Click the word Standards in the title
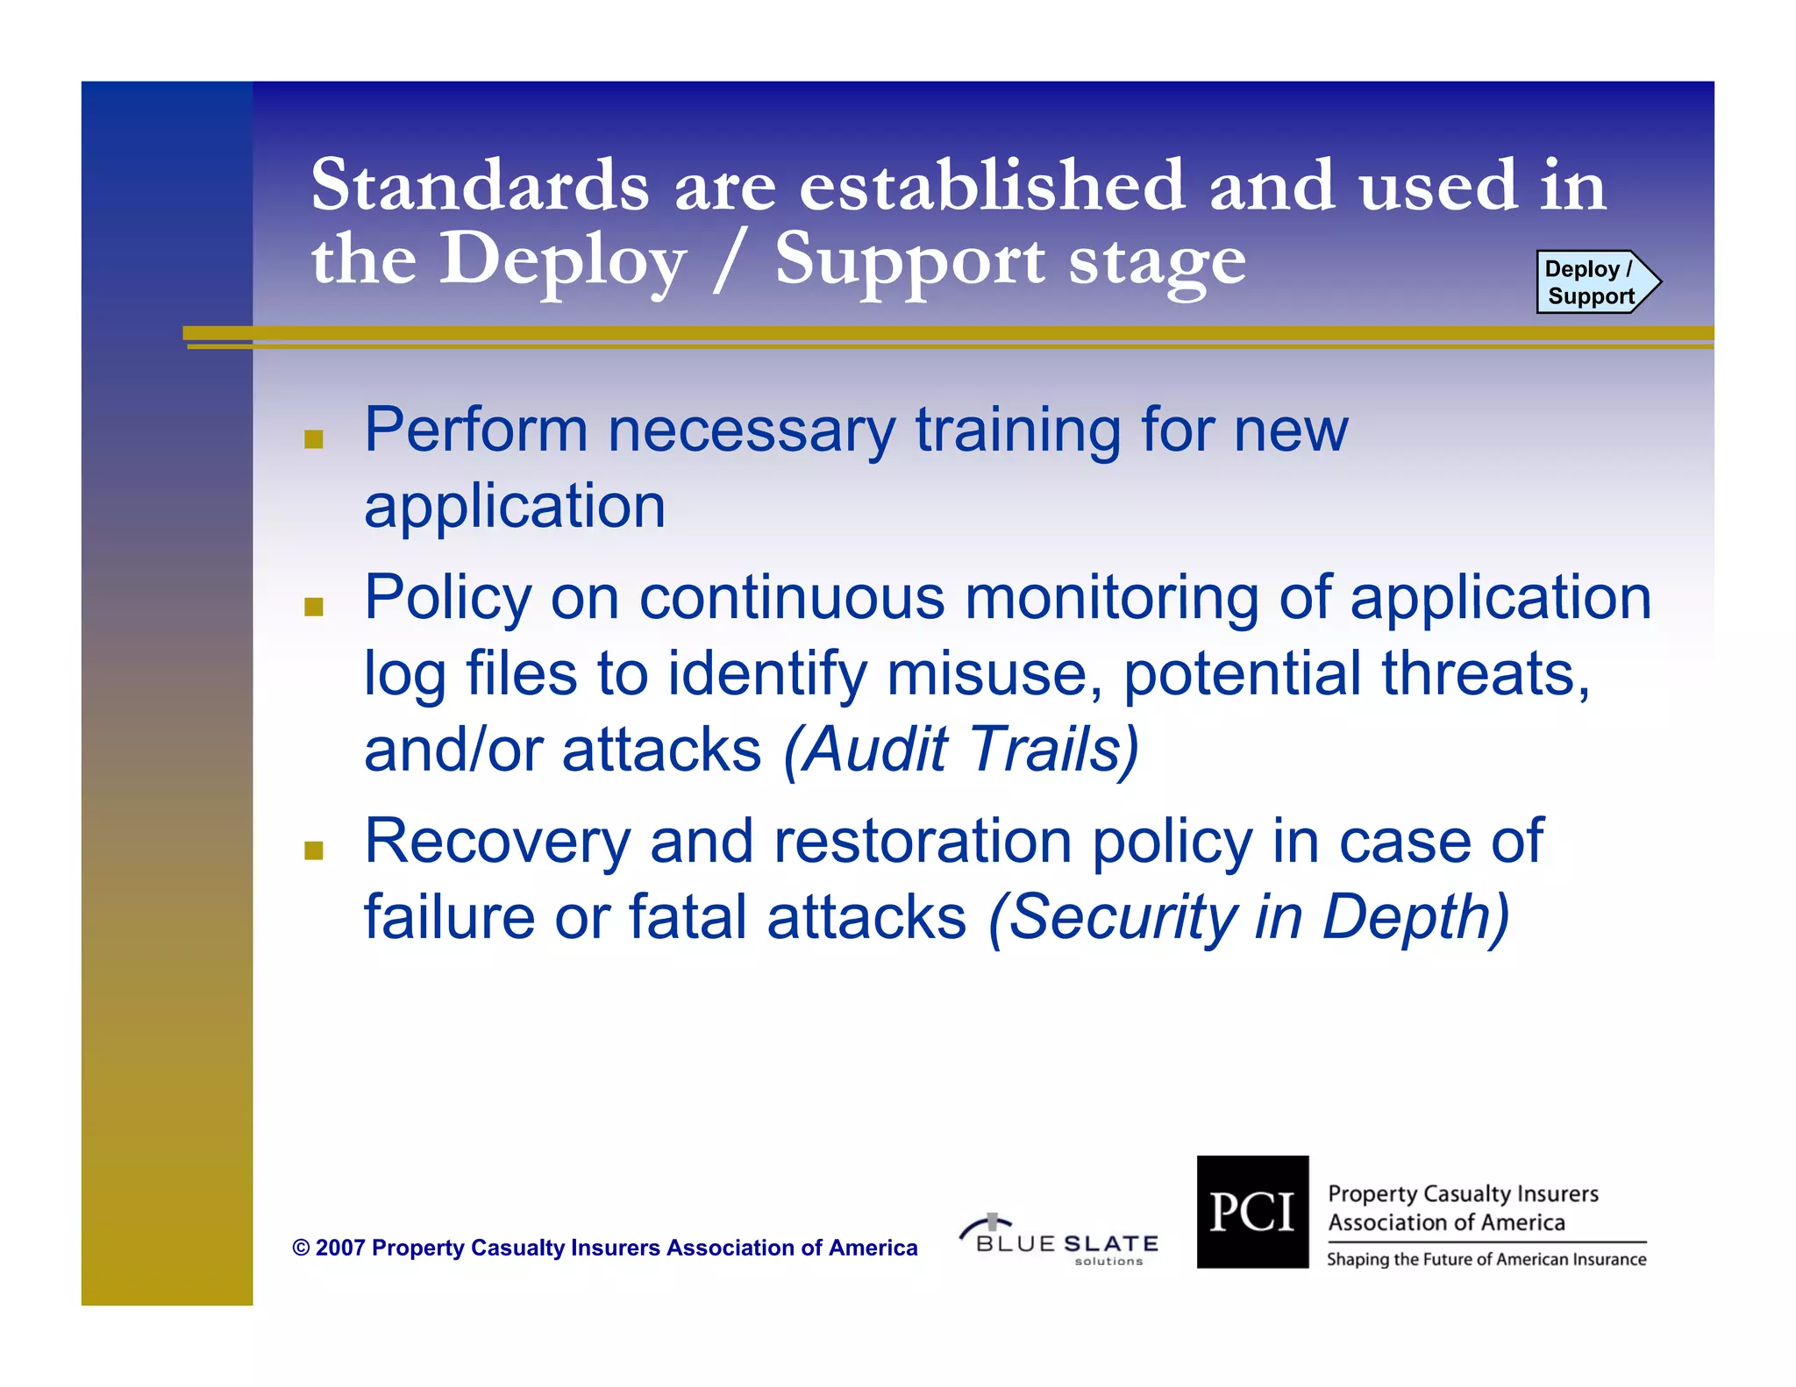[480, 185]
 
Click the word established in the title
[991, 185]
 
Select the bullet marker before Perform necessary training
[313, 438]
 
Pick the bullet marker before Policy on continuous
[313, 606]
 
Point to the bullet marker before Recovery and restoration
[313, 850]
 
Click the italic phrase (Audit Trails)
[961, 750]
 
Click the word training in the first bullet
[1017, 432]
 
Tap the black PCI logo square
[1251, 1212]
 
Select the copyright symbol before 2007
[301, 1248]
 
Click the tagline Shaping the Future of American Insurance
[1486, 1260]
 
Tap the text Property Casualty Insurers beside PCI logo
[1463, 1194]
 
